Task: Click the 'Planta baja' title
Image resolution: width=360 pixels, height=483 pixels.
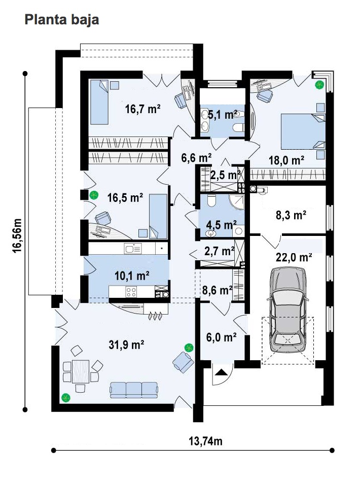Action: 61,20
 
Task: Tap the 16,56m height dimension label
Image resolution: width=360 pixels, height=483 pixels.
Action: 17,236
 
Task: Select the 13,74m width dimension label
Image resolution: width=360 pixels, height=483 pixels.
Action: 205,441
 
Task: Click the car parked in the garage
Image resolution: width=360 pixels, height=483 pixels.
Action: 288,309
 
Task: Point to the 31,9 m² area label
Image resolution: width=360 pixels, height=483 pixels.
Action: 126,344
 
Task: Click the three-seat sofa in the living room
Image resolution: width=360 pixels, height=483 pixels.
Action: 134,390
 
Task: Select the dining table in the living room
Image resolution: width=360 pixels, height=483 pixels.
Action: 81,371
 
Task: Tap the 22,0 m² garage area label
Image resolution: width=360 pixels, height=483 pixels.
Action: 294,257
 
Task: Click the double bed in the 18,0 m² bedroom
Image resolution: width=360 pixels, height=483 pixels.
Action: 303,132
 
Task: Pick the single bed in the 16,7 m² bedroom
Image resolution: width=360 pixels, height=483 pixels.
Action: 99,102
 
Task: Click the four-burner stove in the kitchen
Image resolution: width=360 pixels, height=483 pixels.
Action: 131,292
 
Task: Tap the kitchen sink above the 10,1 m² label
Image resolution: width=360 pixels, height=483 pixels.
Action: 133,248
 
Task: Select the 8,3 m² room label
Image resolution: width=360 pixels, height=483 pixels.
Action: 291,215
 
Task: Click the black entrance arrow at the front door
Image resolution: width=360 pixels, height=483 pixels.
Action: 221,372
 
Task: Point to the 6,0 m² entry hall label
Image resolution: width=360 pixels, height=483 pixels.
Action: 221,337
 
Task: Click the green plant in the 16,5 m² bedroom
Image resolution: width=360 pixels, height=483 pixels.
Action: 94,195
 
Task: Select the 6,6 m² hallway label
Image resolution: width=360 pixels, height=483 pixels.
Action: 196,158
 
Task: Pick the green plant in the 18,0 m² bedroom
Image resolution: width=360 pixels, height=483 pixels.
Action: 319,84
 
